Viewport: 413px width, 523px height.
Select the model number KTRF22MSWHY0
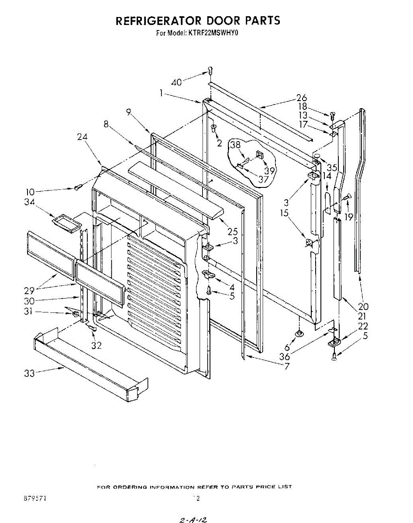pyautogui.click(x=215, y=32)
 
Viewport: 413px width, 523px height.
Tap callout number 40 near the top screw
pyautogui.click(x=177, y=82)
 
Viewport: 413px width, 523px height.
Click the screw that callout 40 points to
pyautogui.click(x=210, y=70)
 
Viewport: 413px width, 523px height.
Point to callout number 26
pyautogui.click(x=302, y=98)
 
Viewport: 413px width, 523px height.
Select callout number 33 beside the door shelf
pyautogui.click(x=29, y=373)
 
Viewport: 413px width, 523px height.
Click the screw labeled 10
pyautogui.click(x=78, y=187)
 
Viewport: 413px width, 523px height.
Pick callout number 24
pyautogui.click(x=82, y=136)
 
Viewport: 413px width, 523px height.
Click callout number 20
pyautogui.click(x=364, y=306)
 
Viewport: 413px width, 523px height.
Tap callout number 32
pyautogui.click(x=96, y=345)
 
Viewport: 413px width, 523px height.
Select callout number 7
pyautogui.click(x=287, y=367)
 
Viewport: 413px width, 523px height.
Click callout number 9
pyautogui.click(x=128, y=112)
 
